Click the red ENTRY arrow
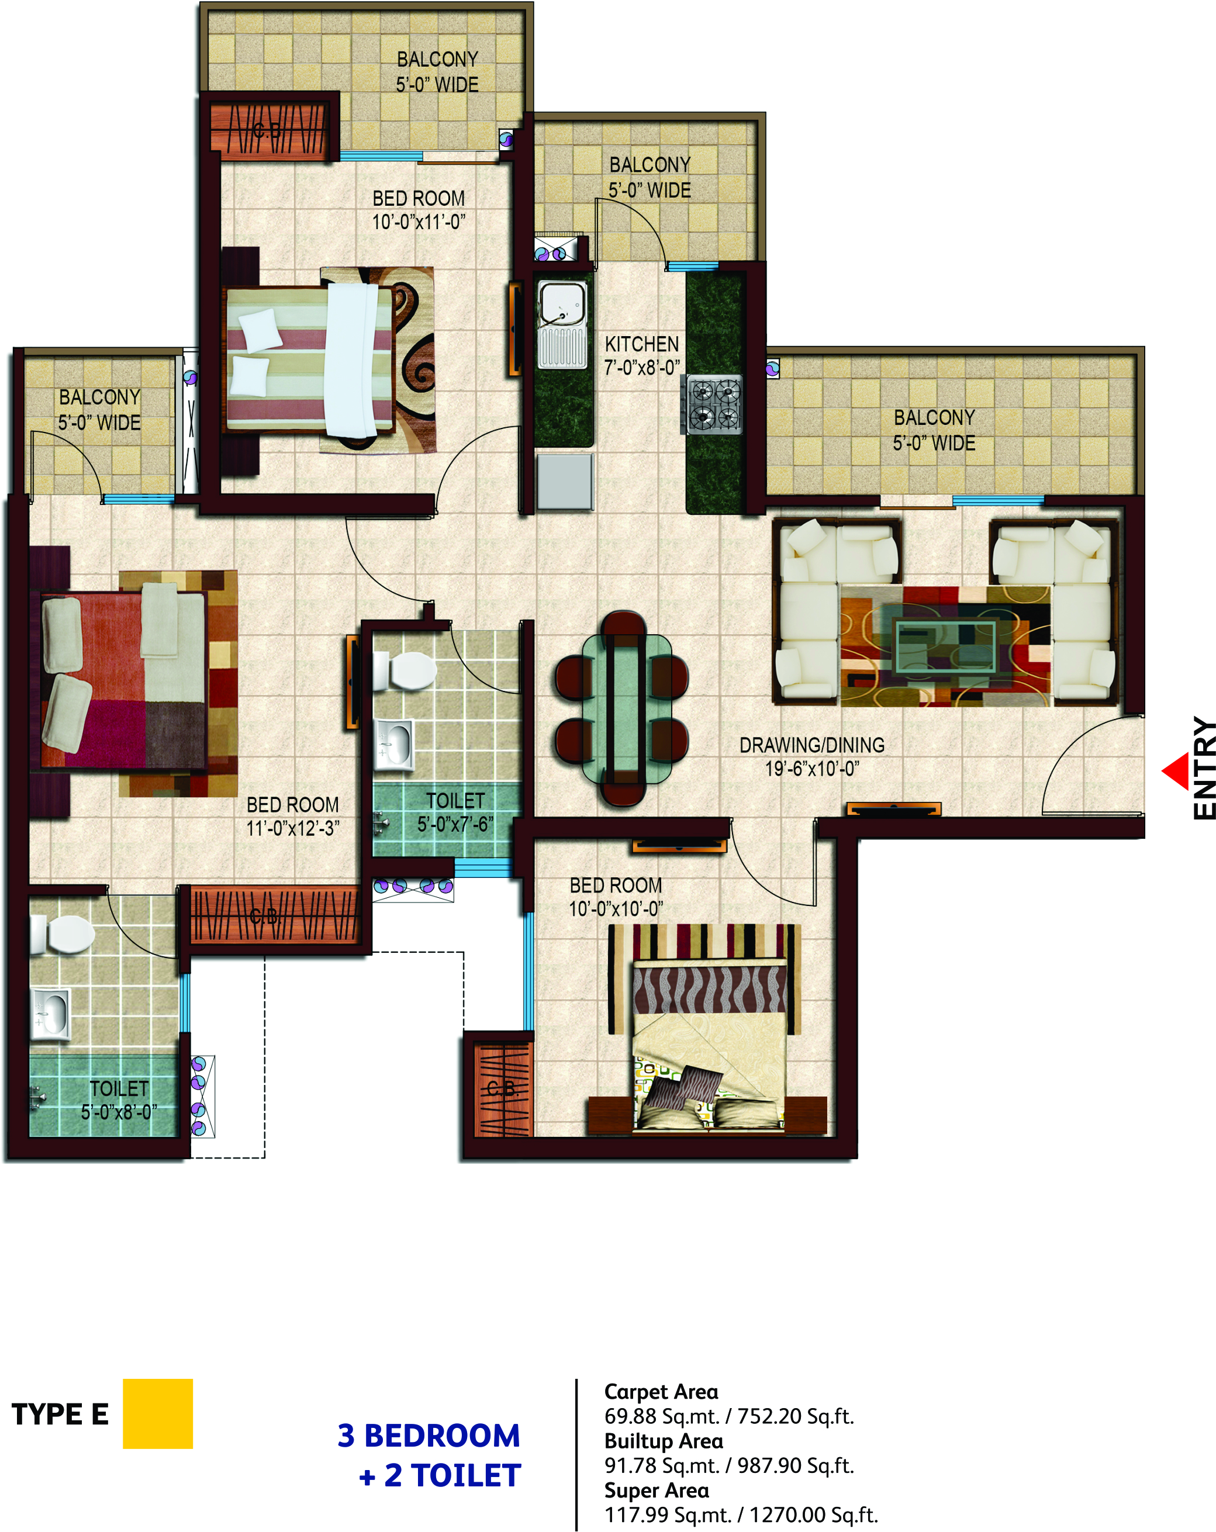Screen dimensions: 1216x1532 [1177, 770]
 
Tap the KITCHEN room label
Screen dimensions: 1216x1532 [642, 345]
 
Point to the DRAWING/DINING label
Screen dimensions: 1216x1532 [811, 745]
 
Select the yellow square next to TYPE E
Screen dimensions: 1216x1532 [158, 1413]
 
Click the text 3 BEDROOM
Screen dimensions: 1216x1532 [429, 1436]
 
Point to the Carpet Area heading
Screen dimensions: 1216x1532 [661, 1391]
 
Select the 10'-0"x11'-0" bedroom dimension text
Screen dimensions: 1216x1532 [419, 222]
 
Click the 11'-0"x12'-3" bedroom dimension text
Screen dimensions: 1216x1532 [293, 828]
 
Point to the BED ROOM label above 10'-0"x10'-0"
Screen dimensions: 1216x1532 [616, 886]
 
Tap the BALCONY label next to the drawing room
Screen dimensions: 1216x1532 [934, 417]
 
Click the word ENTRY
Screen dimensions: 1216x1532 [1204, 767]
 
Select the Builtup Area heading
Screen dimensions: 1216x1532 [664, 1440]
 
